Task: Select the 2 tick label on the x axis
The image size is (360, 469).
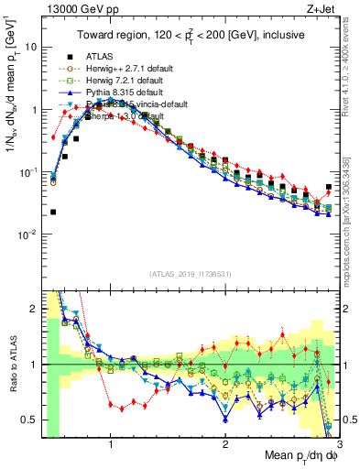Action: click(x=225, y=444)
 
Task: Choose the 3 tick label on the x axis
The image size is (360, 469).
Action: click(x=338, y=444)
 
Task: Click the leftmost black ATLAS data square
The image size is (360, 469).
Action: click(x=53, y=212)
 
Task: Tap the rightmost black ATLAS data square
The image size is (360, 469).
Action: click(x=329, y=187)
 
